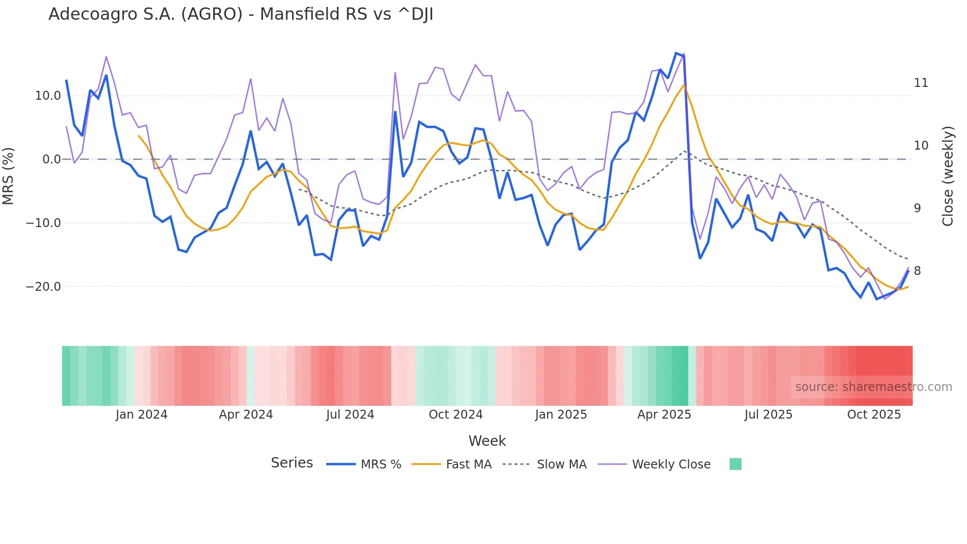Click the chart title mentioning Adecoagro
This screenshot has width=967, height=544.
coord(241,14)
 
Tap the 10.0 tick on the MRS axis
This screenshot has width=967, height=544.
coord(48,96)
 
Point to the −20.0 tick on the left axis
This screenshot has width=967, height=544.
coord(43,287)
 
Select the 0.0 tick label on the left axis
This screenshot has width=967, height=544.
coord(51,159)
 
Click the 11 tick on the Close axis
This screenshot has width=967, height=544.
coord(921,83)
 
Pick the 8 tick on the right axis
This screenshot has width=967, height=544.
coord(917,271)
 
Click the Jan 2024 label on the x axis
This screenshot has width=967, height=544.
coord(142,415)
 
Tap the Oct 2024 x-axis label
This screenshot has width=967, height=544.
coord(455,415)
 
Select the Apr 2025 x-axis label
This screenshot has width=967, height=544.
coord(664,415)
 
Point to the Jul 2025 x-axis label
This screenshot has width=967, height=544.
coord(768,415)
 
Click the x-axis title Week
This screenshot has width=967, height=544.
coord(487,441)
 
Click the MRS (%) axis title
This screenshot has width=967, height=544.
coord(8,176)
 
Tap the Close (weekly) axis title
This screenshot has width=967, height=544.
coord(947,176)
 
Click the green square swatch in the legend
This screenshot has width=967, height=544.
coord(735,464)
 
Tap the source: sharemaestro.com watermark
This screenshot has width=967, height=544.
coord(873,387)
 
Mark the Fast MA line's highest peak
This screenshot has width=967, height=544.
coord(684,85)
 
